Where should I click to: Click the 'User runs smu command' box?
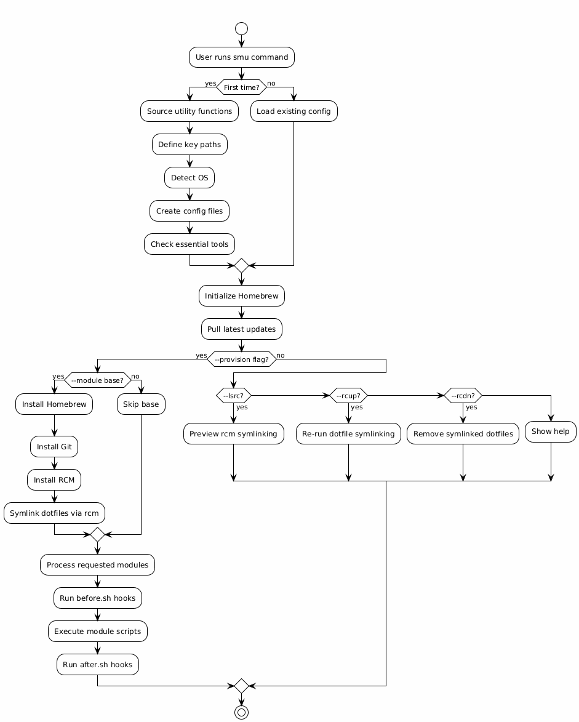click(x=241, y=57)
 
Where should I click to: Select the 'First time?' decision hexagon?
click(x=241, y=87)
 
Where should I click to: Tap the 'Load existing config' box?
click(x=293, y=111)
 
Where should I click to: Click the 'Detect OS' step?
click(x=190, y=178)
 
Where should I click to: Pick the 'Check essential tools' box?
click(x=190, y=244)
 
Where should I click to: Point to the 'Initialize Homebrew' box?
click(x=241, y=296)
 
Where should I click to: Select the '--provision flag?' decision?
click(x=241, y=359)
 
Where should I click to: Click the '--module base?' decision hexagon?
click(x=97, y=380)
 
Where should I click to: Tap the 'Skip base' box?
click(x=141, y=404)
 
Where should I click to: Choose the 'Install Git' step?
click(x=54, y=447)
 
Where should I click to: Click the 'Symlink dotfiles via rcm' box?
click(x=54, y=513)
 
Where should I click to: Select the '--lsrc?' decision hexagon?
click(x=233, y=396)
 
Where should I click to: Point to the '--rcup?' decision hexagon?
click(x=348, y=396)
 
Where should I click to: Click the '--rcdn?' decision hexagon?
click(x=463, y=396)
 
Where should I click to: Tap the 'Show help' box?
click(x=550, y=431)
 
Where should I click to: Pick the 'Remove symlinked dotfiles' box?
click(x=463, y=434)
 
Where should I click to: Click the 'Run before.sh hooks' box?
click(x=97, y=598)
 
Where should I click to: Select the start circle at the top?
click(x=241, y=28)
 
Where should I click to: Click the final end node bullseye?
click(x=241, y=712)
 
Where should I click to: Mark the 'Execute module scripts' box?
click(x=97, y=632)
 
